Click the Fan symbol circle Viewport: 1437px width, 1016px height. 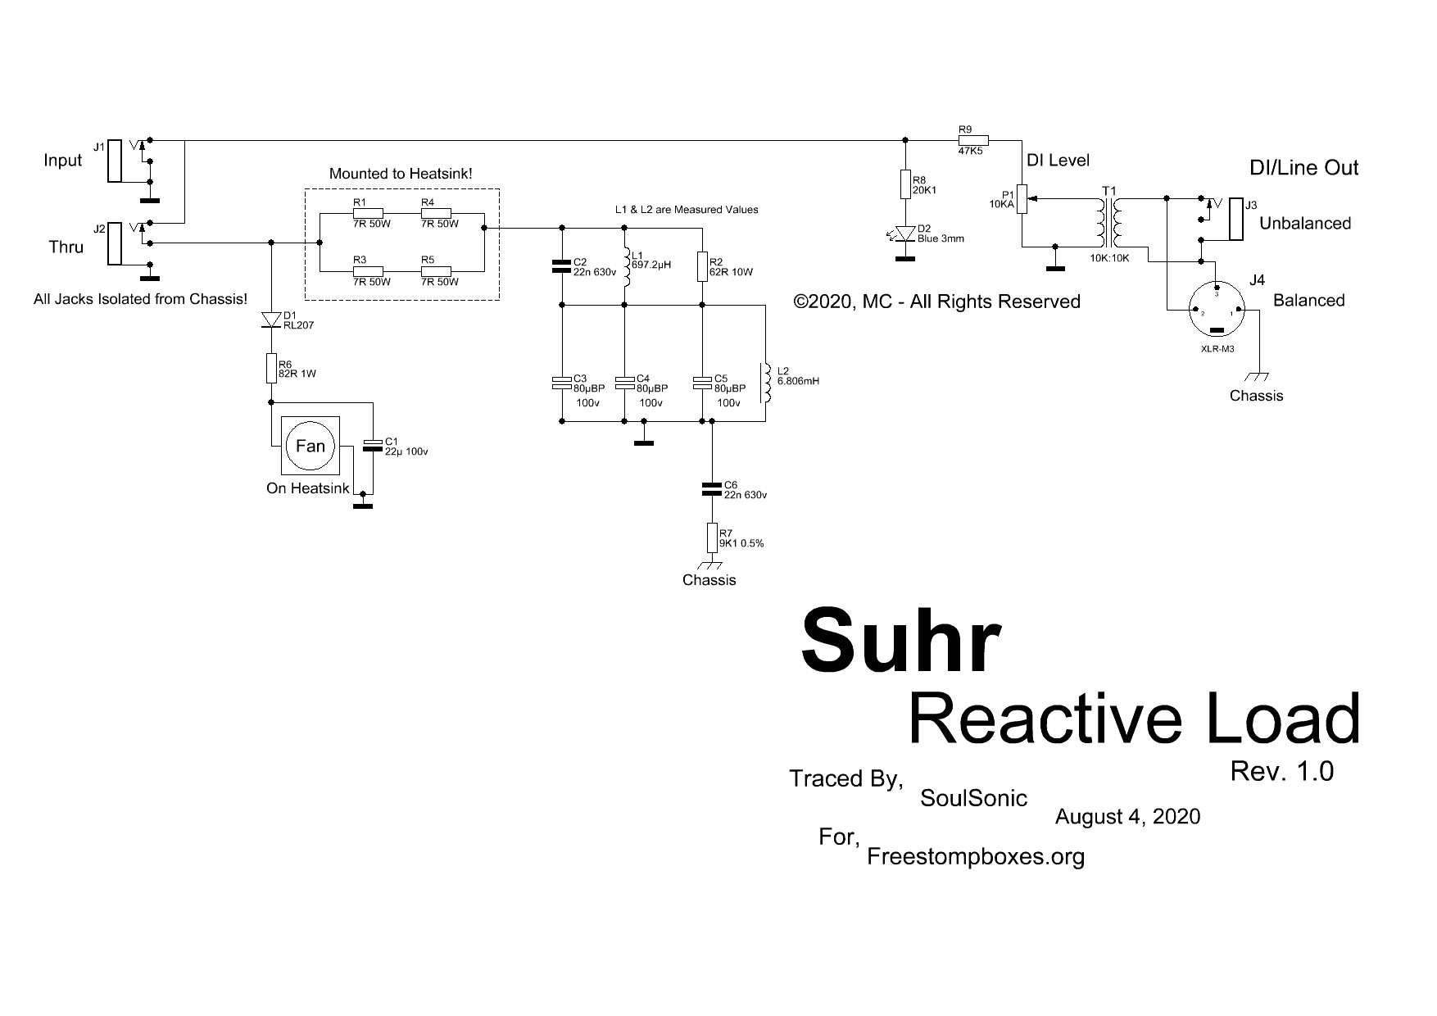point(310,446)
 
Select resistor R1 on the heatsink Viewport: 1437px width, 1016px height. point(368,211)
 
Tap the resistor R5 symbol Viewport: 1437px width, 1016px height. point(435,269)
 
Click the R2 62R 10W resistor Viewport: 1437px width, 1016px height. point(703,266)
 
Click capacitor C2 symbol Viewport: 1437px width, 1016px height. point(562,265)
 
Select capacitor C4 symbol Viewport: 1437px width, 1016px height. point(625,383)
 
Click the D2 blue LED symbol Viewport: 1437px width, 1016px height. point(905,234)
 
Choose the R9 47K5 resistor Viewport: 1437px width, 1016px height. point(973,139)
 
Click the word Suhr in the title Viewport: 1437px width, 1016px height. point(900,642)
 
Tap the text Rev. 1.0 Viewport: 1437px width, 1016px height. point(1281,771)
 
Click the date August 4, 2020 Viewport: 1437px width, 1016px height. point(1127,816)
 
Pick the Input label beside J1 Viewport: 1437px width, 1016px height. point(63,161)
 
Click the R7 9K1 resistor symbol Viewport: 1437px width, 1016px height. point(711,538)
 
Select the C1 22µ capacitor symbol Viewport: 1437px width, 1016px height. point(373,447)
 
